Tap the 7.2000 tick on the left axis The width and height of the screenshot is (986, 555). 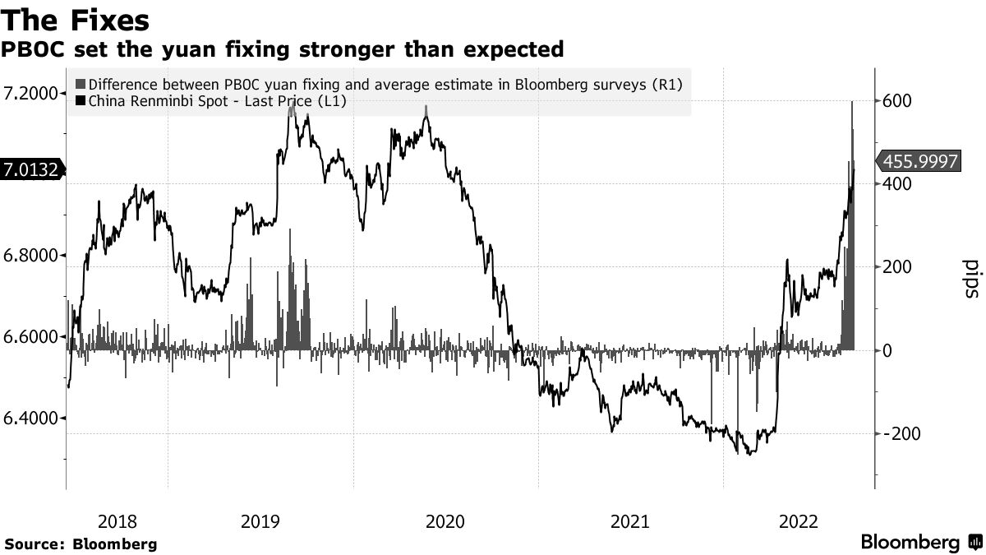[33, 93]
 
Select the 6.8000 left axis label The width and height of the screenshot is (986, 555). [33, 255]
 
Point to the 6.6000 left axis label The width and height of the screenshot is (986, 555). [33, 336]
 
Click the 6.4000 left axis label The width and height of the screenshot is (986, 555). [33, 419]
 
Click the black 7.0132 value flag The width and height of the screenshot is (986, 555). [30, 170]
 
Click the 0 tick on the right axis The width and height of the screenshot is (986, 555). [887, 350]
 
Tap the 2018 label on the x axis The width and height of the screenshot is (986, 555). [117, 521]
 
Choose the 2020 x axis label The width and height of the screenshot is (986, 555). [446, 521]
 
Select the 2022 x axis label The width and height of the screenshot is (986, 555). [797, 521]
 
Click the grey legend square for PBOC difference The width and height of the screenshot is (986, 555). [80, 84]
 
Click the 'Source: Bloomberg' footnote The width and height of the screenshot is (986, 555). [81, 544]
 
